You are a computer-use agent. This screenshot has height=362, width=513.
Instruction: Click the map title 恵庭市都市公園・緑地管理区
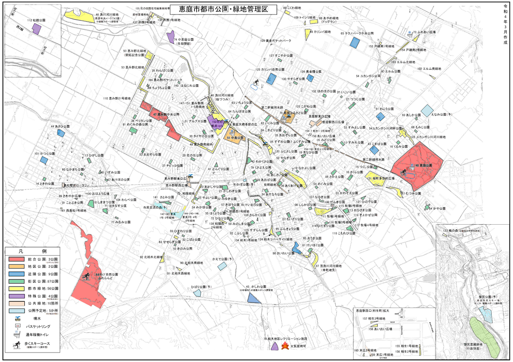[216, 9]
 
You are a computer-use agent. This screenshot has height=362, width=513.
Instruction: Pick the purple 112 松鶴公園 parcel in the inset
[36, 28]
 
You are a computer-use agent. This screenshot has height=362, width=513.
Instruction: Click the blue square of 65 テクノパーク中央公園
[355, 41]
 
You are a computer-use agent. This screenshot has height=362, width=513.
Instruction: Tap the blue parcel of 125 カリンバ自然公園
[271, 79]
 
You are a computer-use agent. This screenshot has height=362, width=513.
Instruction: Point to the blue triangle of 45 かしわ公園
[253, 296]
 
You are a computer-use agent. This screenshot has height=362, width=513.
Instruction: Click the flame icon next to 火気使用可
[284, 347]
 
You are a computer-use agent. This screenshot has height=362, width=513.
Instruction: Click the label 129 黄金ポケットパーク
[275, 41]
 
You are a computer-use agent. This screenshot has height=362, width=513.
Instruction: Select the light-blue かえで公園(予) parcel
[222, 266]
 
